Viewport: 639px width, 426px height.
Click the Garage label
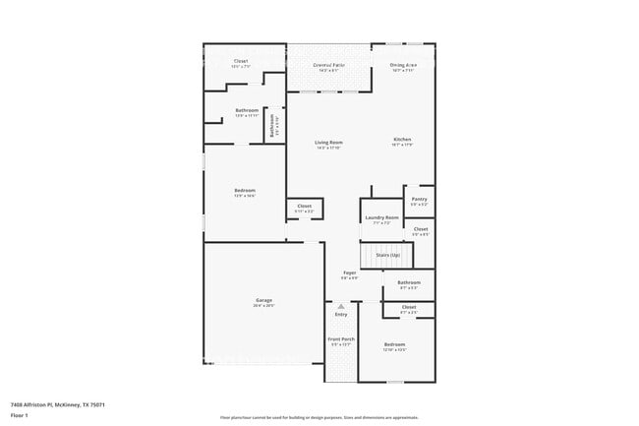point(263,300)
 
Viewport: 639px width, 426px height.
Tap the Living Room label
point(328,143)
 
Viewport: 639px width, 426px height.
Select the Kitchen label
point(402,139)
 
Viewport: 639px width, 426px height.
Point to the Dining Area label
point(404,64)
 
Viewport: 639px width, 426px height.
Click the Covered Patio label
point(327,65)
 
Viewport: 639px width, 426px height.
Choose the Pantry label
point(420,200)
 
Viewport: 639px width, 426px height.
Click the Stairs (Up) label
point(387,255)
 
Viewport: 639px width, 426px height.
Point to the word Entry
point(341,314)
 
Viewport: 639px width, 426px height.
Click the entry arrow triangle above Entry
point(341,305)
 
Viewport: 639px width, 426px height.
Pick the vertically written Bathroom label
point(272,127)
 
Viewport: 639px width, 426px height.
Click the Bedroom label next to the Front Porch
point(394,344)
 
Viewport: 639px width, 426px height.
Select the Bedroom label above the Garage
point(245,190)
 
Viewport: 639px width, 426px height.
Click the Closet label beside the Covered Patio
point(241,61)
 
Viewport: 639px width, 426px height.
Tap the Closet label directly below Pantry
point(420,228)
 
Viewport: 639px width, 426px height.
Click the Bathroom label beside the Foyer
point(408,282)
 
